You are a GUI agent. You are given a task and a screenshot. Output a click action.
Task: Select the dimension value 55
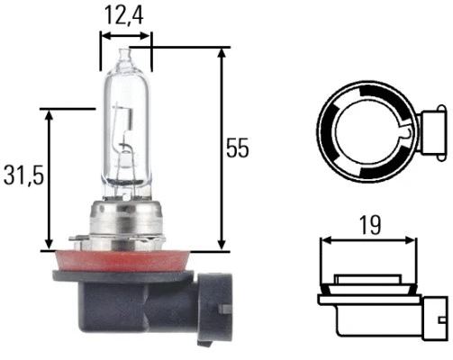coord(238,148)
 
